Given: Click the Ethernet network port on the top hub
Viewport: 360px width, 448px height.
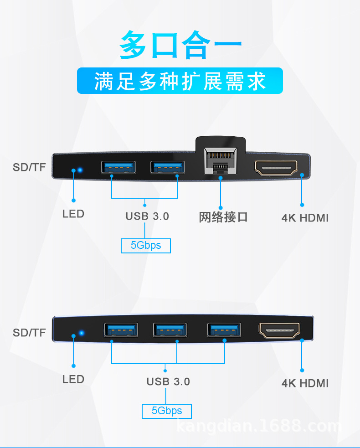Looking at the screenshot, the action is [x=221, y=161].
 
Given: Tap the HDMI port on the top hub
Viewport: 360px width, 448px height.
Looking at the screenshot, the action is [x=276, y=168].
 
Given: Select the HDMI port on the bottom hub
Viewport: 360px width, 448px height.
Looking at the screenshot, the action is [x=279, y=330].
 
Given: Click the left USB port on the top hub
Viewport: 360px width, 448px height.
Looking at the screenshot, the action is [x=118, y=167].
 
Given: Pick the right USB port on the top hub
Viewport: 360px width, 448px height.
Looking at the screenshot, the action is [x=168, y=167].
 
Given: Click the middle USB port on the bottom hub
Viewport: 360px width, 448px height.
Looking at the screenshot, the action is [x=170, y=330].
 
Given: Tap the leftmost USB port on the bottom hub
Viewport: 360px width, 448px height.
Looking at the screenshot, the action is [x=121, y=330].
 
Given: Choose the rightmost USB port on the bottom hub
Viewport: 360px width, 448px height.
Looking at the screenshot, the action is [x=224, y=330].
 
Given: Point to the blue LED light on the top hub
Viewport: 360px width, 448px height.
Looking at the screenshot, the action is [x=80, y=170].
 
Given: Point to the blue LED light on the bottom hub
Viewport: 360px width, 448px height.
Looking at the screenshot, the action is [x=82, y=333].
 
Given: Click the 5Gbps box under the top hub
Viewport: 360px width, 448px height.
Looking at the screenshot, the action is [x=146, y=246].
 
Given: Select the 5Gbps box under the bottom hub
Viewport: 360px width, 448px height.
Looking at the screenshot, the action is [x=167, y=411].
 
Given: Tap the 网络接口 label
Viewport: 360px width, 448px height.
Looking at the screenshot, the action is [x=223, y=217].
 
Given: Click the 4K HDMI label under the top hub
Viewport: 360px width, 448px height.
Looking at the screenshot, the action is [x=305, y=218].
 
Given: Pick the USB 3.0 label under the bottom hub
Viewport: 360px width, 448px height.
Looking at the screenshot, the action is [x=168, y=382].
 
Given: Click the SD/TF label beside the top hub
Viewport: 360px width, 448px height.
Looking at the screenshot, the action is [x=29, y=167].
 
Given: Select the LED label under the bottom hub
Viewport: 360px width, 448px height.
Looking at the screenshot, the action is [x=73, y=379].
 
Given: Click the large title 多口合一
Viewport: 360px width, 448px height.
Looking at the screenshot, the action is [x=180, y=45].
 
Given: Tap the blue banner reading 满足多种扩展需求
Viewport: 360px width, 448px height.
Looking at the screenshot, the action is [x=180, y=81].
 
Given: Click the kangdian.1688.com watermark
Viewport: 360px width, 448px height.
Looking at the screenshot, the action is [x=259, y=426].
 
